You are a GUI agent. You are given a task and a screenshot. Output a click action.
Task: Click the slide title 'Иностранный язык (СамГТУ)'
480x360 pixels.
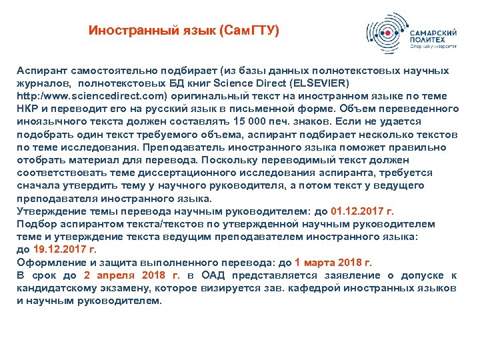(184, 31)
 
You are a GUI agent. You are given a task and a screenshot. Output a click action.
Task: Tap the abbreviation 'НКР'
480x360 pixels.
(28, 109)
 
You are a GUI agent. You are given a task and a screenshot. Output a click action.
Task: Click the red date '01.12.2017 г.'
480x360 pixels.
(358, 211)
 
